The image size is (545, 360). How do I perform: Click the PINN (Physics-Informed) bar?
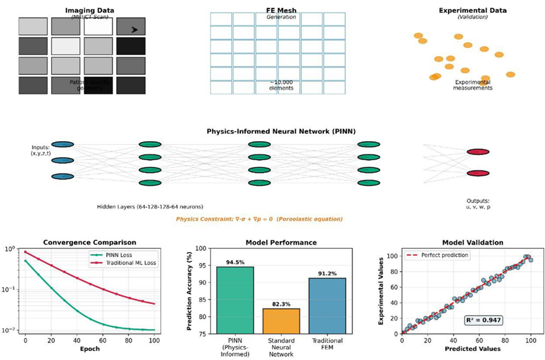235,300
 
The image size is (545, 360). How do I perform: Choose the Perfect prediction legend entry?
439,255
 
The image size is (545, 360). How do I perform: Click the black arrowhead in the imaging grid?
135,29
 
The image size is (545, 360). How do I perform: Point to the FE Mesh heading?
281,10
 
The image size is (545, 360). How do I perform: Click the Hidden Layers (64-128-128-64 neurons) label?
150,206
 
